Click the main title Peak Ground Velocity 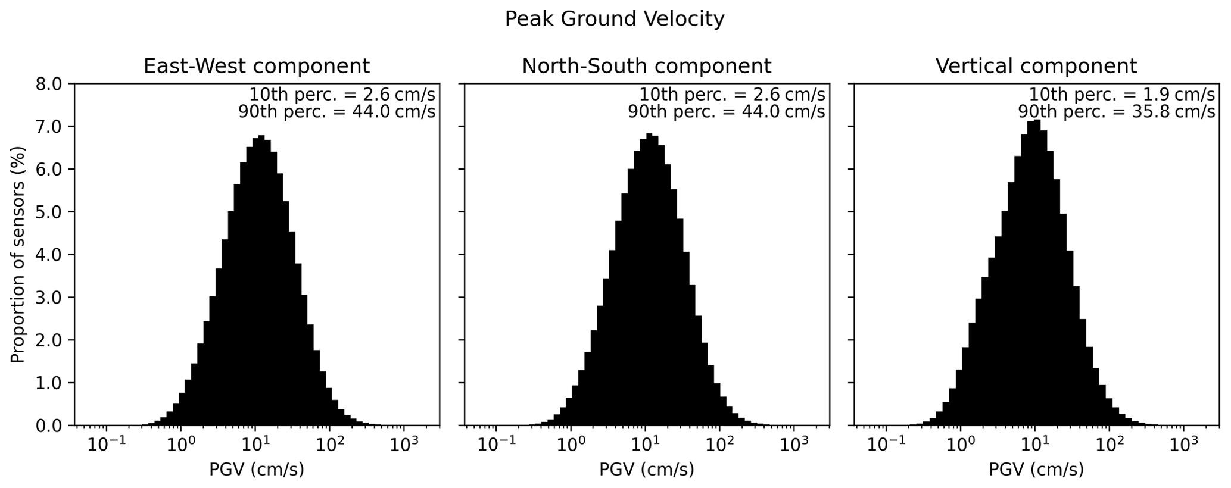click(614, 19)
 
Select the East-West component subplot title click(256, 65)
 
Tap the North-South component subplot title click(646, 65)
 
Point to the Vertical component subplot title click(1036, 65)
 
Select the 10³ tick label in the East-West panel click(404, 443)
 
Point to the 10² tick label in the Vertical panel click(1109, 443)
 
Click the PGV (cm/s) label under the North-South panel click(646, 470)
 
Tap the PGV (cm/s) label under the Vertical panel click(1036, 470)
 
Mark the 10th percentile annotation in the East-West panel click(342, 95)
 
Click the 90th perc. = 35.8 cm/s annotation click(1116, 111)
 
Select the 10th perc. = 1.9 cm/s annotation click(1121, 95)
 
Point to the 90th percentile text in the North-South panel click(726, 111)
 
